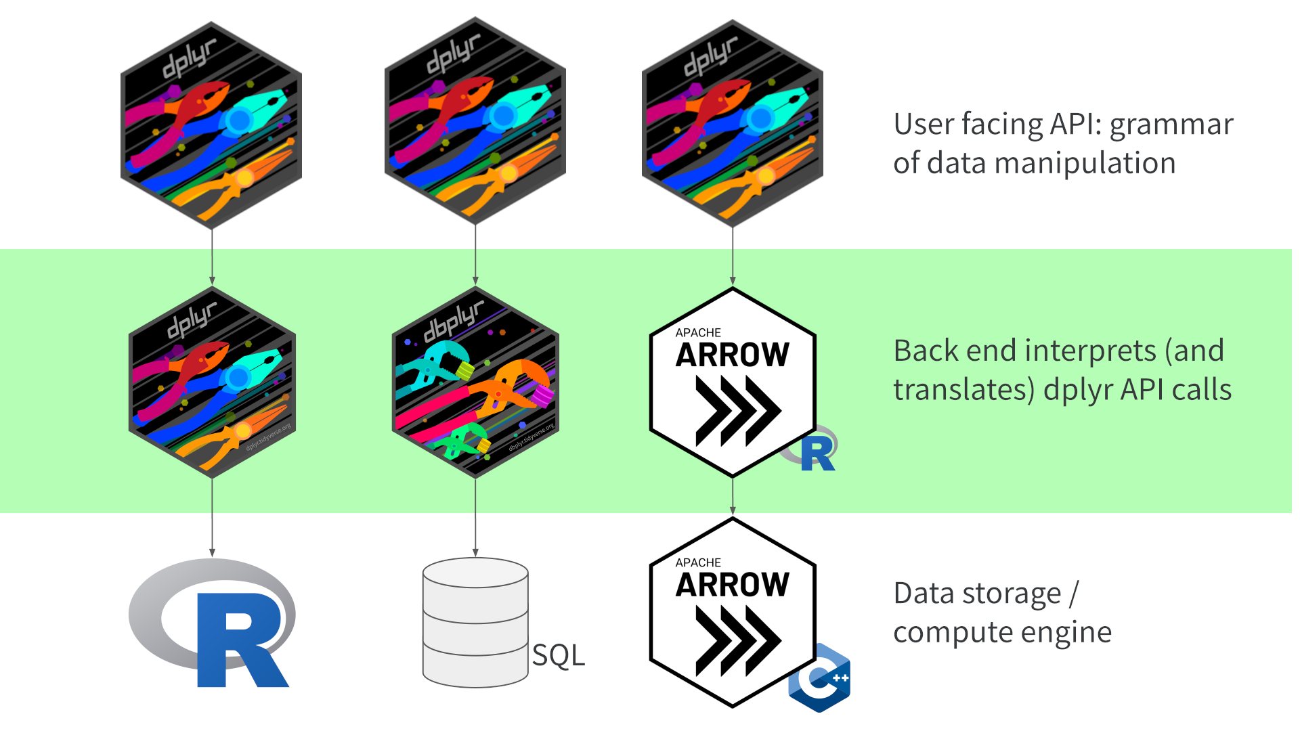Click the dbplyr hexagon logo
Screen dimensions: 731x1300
click(x=475, y=382)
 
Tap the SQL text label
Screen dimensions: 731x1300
click(x=558, y=655)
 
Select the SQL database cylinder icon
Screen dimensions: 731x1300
click(x=475, y=623)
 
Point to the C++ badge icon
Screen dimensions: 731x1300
click(x=820, y=678)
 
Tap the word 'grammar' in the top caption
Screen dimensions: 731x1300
click(x=1171, y=125)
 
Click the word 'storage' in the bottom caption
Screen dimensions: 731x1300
click(x=1015, y=594)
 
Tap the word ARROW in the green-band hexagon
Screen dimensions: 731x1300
click(x=733, y=355)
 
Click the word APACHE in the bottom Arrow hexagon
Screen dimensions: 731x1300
click(x=698, y=562)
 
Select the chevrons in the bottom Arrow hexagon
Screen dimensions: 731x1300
click(x=738, y=640)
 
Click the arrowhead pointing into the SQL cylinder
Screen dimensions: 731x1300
click(x=475, y=553)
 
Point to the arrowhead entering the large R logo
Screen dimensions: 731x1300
click(x=212, y=553)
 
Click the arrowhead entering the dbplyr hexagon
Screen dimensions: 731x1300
click(x=475, y=280)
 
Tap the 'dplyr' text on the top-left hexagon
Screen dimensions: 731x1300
click(x=189, y=58)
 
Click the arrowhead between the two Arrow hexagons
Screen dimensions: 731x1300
click(x=733, y=510)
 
